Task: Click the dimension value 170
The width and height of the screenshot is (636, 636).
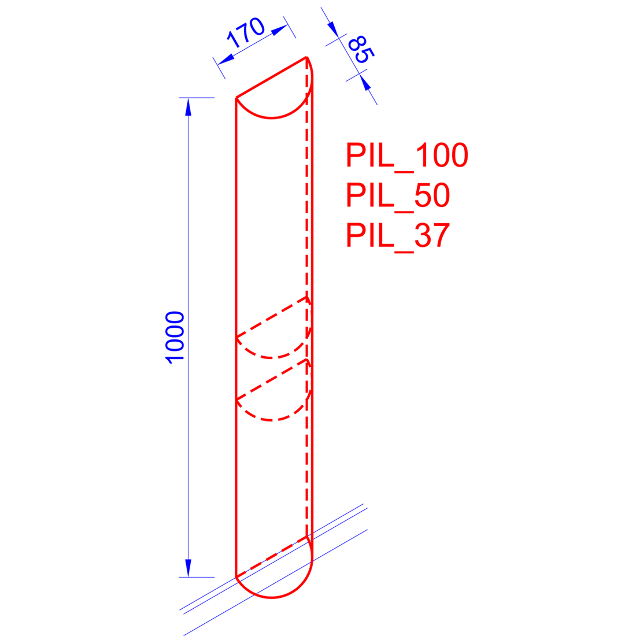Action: pyautogui.click(x=246, y=34)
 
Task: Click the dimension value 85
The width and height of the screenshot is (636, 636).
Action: pyautogui.click(x=361, y=50)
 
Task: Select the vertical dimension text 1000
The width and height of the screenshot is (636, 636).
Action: pyautogui.click(x=175, y=337)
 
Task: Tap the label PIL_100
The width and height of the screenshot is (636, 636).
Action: pyautogui.click(x=406, y=156)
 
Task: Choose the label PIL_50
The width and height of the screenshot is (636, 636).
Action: pyautogui.click(x=398, y=195)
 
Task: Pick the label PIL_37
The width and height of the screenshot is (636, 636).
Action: pyautogui.click(x=398, y=235)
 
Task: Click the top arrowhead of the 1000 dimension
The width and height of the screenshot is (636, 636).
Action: pyautogui.click(x=188, y=107)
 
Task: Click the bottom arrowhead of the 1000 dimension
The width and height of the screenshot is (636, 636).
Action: pyautogui.click(x=188, y=568)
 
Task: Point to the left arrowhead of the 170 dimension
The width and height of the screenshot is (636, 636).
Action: pyautogui.click(x=226, y=60)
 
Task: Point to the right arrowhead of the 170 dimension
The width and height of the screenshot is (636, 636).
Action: pyautogui.click(x=279, y=29)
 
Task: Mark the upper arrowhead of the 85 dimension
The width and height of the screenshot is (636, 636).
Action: pyautogui.click(x=332, y=28)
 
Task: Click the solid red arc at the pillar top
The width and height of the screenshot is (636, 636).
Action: pyautogui.click(x=272, y=117)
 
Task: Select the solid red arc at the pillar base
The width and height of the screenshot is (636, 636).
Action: pyautogui.click(x=272, y=597)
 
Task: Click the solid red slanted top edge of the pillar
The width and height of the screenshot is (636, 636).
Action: pyautogui.click(x=271, y=77)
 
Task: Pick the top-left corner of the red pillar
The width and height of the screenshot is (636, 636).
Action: pyautogui.click(x=236, y=98)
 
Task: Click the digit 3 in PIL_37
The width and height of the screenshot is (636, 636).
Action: pyautogui.click(x=423, y=235)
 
